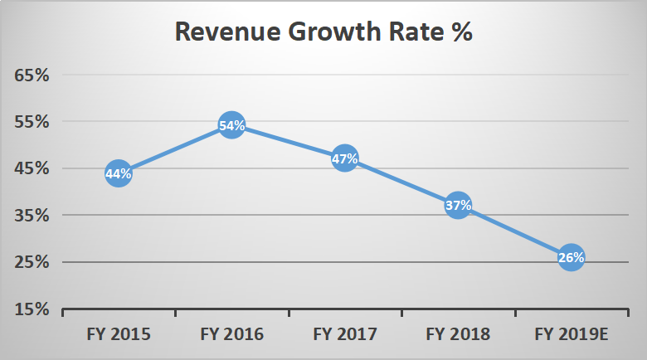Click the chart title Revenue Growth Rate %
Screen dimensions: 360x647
tap(323, 32)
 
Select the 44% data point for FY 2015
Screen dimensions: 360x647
tap(118, 173)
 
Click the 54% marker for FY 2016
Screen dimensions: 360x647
tap(231, 126)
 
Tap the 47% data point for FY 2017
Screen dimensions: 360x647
tap(345, 158)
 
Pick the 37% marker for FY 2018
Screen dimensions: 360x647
tap(459, 205)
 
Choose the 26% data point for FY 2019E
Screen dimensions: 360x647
tap(572, 257)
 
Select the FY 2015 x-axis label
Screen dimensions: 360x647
tap(118, 335)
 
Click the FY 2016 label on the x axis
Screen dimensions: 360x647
tap(231, 335)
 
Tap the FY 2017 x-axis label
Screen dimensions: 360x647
tap(345, 335)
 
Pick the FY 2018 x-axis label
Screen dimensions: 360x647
tap(459, 335)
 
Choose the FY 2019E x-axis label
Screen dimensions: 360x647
tap(572, 335)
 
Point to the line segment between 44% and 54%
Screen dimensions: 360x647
tap(174, 150)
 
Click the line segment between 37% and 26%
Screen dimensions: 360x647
tap(515, 231)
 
